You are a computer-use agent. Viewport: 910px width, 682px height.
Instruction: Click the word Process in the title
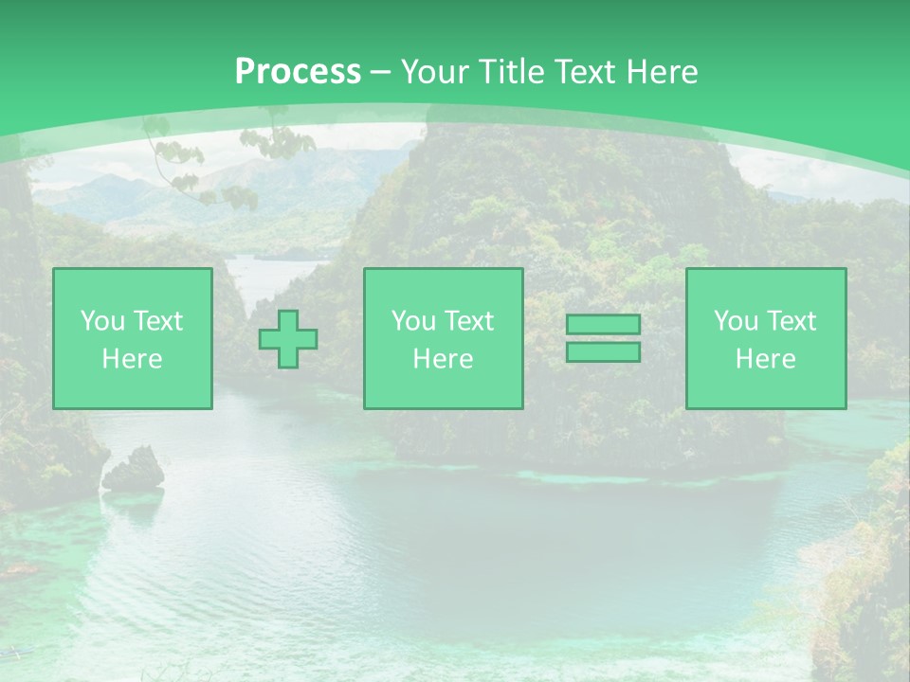(x=298, y=72)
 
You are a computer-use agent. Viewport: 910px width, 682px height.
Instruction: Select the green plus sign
(x=288, y=339)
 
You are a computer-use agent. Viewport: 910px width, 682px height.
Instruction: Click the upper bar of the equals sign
(x=603, y=325)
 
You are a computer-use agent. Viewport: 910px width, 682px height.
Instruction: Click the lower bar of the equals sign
(x=603, y=352)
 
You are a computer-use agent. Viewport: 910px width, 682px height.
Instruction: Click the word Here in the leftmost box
(x=132, y=359)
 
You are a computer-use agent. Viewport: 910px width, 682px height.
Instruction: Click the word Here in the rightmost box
(x=765, y=359)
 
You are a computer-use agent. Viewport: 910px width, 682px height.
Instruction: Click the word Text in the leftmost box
(x=158, y=321)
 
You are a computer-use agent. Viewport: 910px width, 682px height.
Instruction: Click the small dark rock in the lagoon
(x=135, y=470)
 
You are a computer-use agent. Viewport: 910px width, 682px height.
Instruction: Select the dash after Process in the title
(x=380, y=72)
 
